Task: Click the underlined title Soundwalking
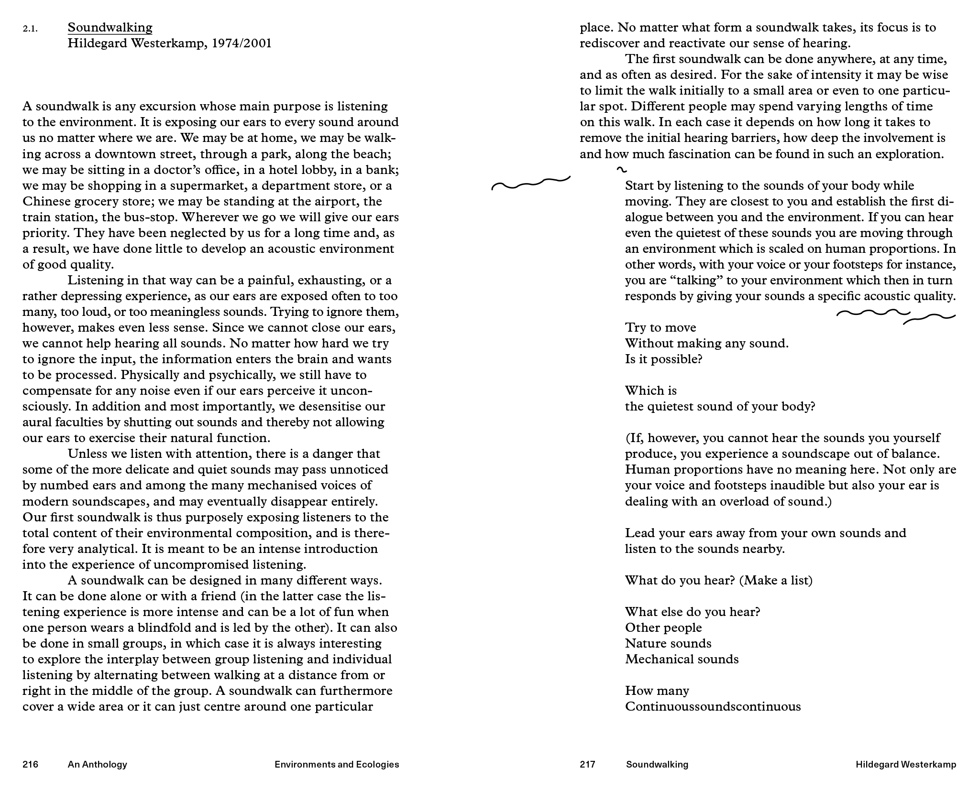click(x=110, y=28)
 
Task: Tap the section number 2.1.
click(x=30, y=29)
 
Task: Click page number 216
click(x=30, y=764)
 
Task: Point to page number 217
click(x=587, y=764)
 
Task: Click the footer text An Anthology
click(x=97, y=764)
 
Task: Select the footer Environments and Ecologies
click(x=337, y=764)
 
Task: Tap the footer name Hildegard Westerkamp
click(x=906, y=764)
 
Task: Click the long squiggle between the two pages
click(x=530, y=183)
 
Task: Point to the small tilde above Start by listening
click(x=622, y=170)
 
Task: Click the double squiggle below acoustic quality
click(x=896, y=316)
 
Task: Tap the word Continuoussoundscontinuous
click(x=713, y=706)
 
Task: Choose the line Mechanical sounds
click(x=682, y=659)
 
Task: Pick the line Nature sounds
click(x=668, y=643)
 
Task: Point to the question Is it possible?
click(x=663, y=359)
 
